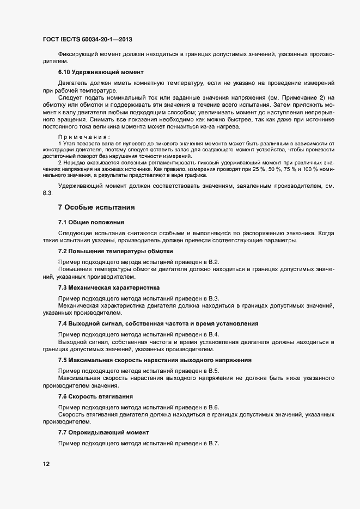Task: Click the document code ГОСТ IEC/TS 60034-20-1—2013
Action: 87,40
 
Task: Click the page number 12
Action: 46,464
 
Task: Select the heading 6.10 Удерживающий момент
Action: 101,72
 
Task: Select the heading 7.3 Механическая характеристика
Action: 109,287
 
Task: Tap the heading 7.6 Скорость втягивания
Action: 96,396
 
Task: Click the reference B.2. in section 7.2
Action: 213,262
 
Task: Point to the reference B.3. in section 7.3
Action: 213,298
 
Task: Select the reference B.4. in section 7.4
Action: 213,334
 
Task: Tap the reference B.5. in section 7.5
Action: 213,371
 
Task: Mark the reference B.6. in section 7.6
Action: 213,407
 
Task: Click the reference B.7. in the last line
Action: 213,443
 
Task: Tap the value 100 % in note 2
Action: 306,169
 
